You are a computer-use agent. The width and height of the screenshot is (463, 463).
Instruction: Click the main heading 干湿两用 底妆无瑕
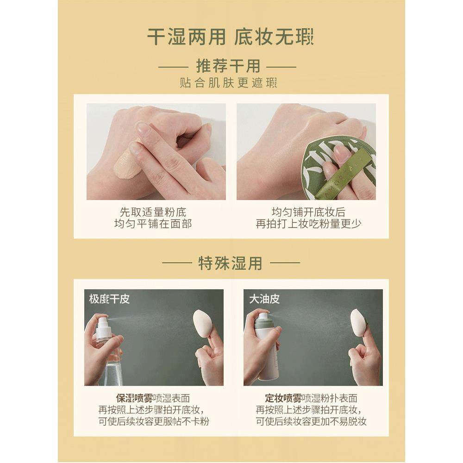point(230,37)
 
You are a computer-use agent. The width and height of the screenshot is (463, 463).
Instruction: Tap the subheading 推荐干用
point(228,66)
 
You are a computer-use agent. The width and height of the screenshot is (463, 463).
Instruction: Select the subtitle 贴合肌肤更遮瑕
point(228,83)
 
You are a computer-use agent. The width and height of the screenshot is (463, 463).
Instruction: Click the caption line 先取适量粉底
point(153,212)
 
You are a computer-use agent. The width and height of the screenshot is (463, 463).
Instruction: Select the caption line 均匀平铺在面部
point(153,224)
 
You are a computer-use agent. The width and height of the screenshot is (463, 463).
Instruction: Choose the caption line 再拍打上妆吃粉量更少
point(308,224)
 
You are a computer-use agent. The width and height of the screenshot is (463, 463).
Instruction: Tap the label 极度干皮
point(109,299)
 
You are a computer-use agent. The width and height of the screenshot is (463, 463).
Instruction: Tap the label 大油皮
point(264,299)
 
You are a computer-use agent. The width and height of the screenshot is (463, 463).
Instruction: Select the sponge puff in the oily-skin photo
point(359,322)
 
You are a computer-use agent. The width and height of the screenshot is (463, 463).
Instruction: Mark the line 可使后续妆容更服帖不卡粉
point(153,422)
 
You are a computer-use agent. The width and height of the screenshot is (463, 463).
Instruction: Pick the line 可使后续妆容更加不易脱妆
point(308,422)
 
